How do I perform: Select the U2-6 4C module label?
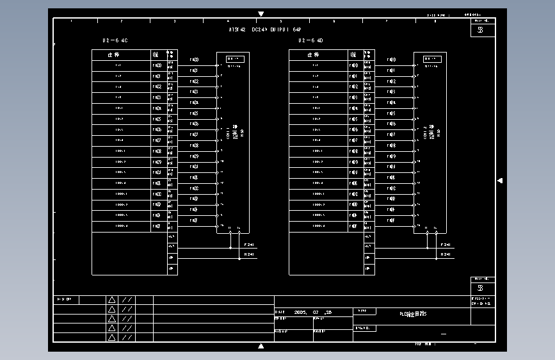[x=115, y=40]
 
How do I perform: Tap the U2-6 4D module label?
[x=310, y=40]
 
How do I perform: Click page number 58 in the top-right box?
[x=481, y=29]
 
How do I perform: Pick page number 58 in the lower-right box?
[x=481, y=288]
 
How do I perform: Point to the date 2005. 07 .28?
[x=313, y=313]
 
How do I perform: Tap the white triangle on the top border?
[x=261, y=13]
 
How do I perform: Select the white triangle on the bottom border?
[x=261, y=347]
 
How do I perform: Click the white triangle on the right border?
[x=500, y=181]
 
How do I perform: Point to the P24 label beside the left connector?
[x=250, y=245]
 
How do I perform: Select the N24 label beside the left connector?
[x=250, y=254]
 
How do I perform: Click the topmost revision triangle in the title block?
[x=111, y=300]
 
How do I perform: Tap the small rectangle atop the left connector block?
[x=235, y=59]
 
